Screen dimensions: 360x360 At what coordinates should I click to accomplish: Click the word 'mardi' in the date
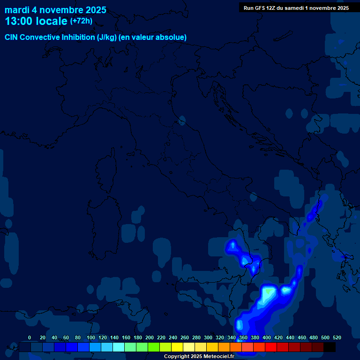click(17, 10)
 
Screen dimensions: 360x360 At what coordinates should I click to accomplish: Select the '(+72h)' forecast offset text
click(81, 21)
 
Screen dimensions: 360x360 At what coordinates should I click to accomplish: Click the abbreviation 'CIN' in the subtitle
click(12, 37)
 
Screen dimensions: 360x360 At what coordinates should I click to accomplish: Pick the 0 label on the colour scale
click(30, 337)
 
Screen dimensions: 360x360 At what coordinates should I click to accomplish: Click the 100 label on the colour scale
click(91, 337)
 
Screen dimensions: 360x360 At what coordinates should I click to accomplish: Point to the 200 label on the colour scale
click(150, 337)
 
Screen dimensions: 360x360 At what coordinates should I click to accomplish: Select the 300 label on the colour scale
click(208, 337)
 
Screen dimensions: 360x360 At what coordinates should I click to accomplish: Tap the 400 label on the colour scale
click(267, 337)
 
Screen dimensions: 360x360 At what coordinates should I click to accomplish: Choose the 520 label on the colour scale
click(337, 337)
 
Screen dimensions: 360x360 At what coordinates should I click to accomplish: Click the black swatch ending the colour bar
click(330, 347)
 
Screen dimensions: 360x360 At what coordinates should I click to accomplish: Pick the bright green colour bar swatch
click(154, 347)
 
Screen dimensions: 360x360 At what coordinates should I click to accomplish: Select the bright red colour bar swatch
click(271, 347)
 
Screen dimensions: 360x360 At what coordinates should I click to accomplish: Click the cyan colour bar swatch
click(119, 347)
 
